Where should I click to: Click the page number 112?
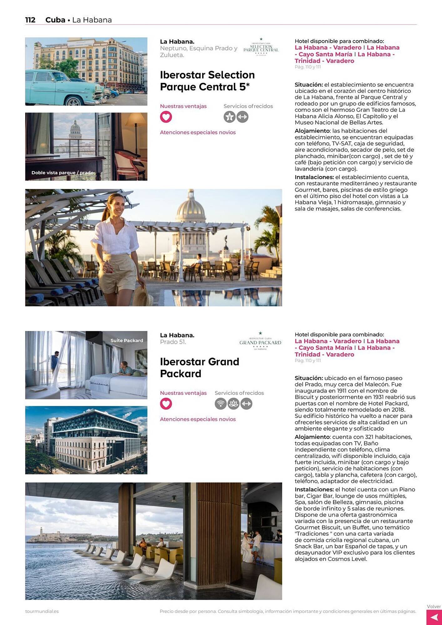click(x=30, y=20)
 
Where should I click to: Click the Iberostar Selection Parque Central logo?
click(x=261, y=47)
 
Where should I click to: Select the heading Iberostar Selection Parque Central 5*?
click(x=207, y=81)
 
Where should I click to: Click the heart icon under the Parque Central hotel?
click(x=166, y=117)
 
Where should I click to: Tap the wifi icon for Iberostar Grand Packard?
click(x=220, y=404)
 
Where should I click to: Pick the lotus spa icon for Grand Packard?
click(x=234, y=404)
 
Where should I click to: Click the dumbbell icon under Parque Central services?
click(x=243, y=117)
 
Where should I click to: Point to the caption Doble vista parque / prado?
click(x=62, y=172)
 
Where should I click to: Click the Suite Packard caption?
click(x=127, y=340)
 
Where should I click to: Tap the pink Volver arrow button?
click(x=434, y=617)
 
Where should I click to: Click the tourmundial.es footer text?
click(x=42, y=611)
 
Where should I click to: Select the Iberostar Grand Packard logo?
click(x=260, y=341)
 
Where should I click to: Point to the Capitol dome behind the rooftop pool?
click(x=191, y=209)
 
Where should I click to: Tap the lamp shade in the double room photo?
click(x=136, y=120)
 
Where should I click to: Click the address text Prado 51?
click(x=173, y=342)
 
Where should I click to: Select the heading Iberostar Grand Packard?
click(x=199, y=367)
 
